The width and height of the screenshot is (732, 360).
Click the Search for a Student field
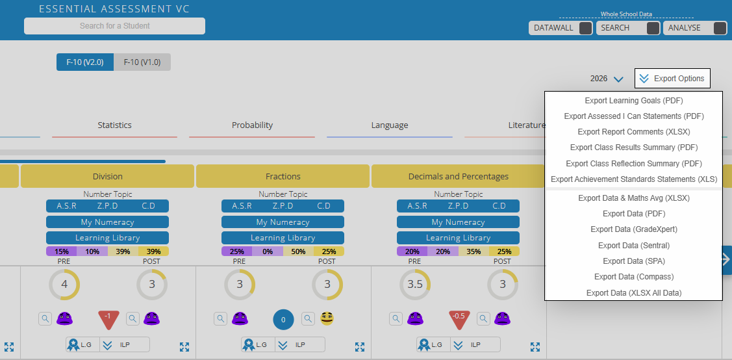pyautogui.click(x=114, y=26)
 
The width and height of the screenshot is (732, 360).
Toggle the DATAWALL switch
pyautogui.click(x=585, y=28)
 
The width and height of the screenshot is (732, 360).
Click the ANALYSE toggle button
pyautogui.click(x=720, y=28)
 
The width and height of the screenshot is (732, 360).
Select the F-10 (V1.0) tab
pyautogui.click(x=142, y=62)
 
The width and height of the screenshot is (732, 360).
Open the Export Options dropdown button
pyautogui.click(x=672, y=79)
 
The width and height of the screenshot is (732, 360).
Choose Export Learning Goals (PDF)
pyautogui.click(x=633, y=101)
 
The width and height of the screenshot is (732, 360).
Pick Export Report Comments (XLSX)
pyautogui.click(x=633, y=132)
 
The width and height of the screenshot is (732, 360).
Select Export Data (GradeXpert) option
pyautogui.click(x=633, y=229)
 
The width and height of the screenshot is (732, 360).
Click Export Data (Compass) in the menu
pyautogui.click(x=633, y=277)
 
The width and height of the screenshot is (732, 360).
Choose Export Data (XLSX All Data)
pyautogui.click(x=633, y=293)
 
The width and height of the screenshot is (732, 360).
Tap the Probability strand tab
pyautogui.click(x=252, y=125)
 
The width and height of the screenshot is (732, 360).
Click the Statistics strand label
pyautogui.click(x=114, y=125)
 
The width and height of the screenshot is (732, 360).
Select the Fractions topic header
pyautogui.click(x=283, y=176)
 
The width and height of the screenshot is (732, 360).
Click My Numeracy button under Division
pyautogui.click(x=107, y=222)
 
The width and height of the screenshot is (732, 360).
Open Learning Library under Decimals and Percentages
pyautogui.click(x=458, y=238)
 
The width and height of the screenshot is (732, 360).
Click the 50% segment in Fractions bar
pyautogui.click(x=298, y=251)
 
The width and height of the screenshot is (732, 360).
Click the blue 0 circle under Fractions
pyautogui.click(x=284, y=319)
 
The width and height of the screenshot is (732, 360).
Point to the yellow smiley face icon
pyautogui.click(x=327, y=318)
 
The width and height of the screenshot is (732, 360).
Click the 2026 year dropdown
pyautogui.click(x=607, y=79)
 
